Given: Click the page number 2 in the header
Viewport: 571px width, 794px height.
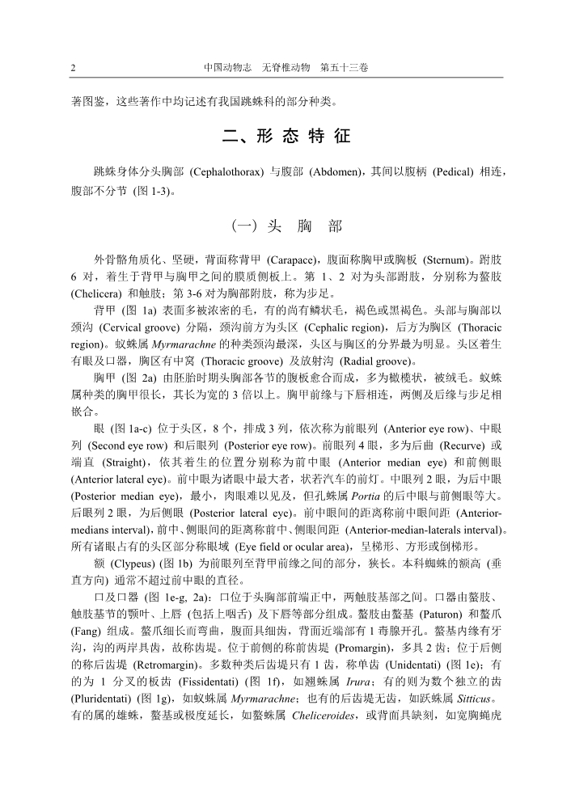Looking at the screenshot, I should pos(74,69).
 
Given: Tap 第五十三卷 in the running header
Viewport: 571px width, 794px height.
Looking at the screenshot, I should pos(345,69).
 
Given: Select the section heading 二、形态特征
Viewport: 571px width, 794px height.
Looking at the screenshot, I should pos(286,137).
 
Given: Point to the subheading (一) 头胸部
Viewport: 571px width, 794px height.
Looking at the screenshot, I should pos(286,226).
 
